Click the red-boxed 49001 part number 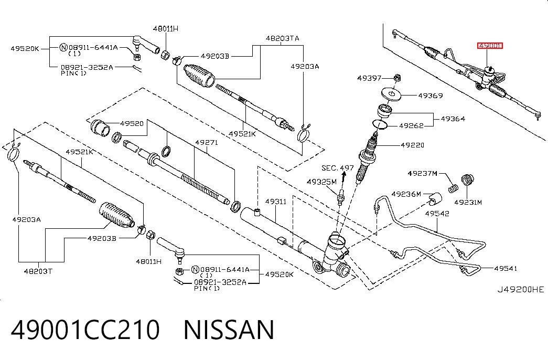[490, 46]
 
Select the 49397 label [369, 78]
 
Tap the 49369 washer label [431, 95]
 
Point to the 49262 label [411, 125]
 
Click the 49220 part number [412, 145]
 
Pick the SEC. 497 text [337, 168]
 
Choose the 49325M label [321, 182]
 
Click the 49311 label [275, 201]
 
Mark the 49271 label [206, 142]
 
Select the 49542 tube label [437, 214]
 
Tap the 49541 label [506, 268]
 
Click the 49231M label [468, 202]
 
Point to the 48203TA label [282, 38]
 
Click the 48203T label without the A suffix [38, 271]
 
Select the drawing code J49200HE [521, 289]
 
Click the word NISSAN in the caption [229, 330]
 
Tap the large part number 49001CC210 [85, 330]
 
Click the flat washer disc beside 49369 [391, 93]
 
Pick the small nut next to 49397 [396, 77]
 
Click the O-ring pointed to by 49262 [380, 124]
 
